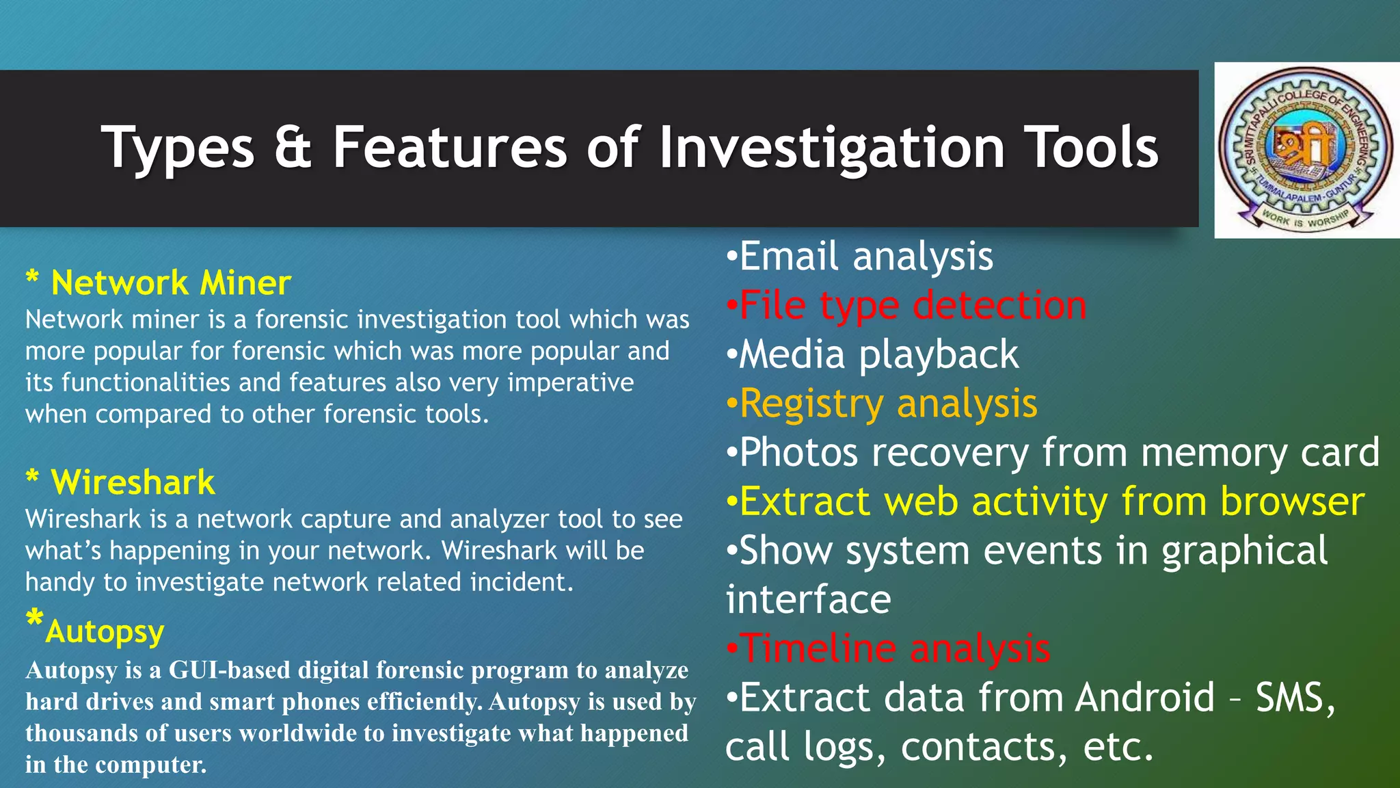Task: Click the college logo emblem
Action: coord(1306,150)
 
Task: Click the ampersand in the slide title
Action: coord(293,147)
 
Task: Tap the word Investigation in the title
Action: coord(831,148)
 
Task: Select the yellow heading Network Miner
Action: coord(171,283)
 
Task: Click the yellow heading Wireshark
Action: coord(133,482)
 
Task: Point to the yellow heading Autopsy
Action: coord(105,631)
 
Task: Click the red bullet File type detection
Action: coord(912,305)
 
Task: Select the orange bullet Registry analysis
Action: coord(888,403)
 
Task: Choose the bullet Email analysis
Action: coord(865,257)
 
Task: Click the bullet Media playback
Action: coord(878,354)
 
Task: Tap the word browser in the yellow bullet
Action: coord(1292,501)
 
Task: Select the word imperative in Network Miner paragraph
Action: coord(570,382)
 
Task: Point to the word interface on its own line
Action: coord(808,600)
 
